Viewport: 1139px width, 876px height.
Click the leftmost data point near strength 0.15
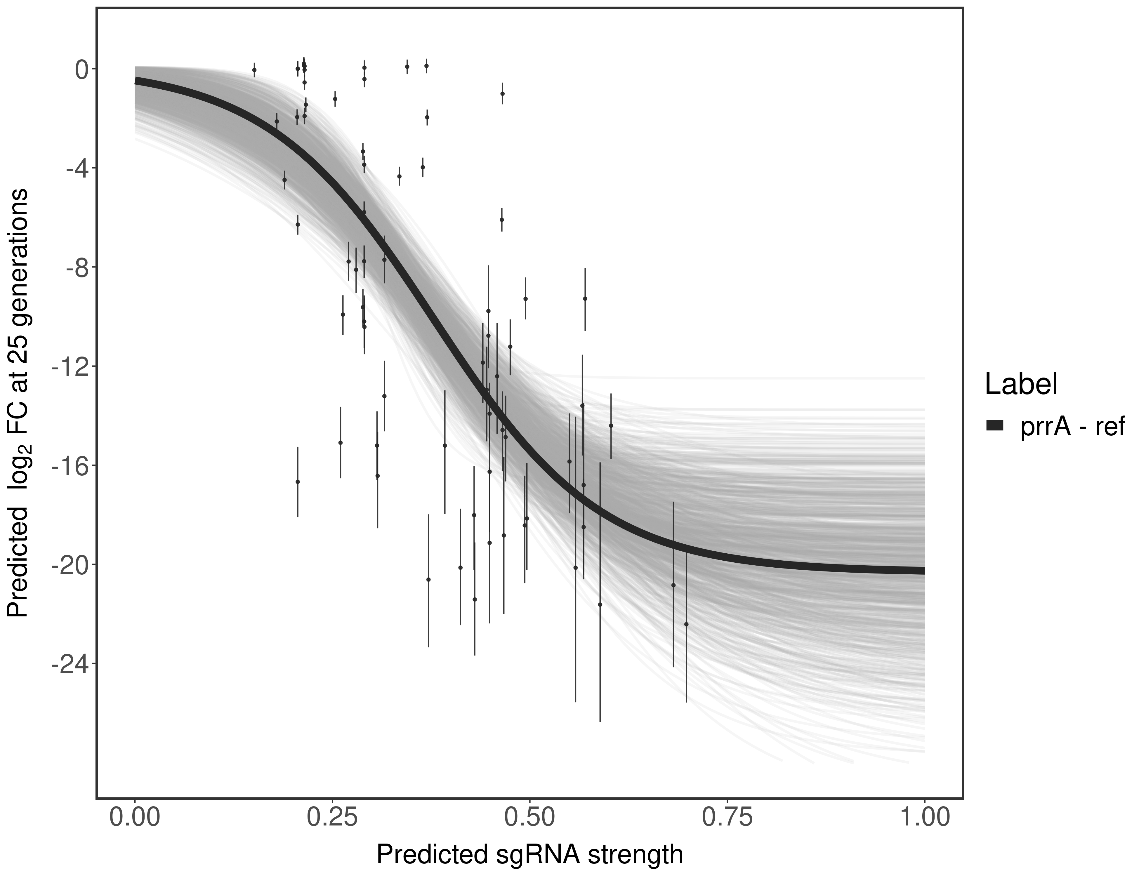click(x=254, y=69)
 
